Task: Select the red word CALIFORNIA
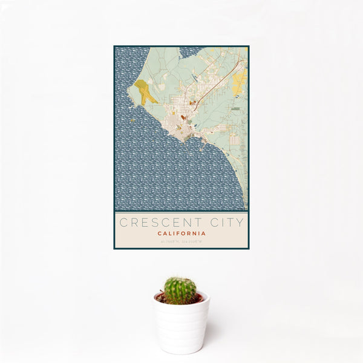click(181, 234)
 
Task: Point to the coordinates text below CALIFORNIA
click(181, 242)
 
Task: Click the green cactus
click(180, 290)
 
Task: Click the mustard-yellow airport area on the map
click(145, 92)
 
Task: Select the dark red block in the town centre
click(183, 117)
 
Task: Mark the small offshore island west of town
click(133, 119)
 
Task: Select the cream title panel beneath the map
click(181, 229)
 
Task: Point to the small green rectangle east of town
click(235, 109)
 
